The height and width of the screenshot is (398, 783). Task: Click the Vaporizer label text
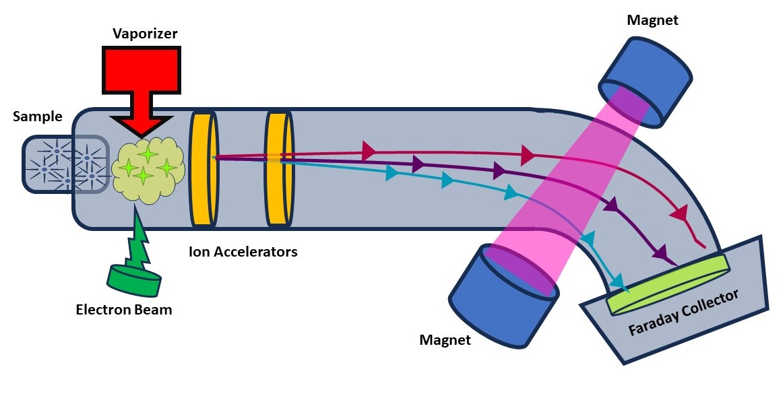pyautogui.click(x=145, y=34)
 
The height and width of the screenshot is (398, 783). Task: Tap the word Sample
pyautogui.click(x=38, y=117)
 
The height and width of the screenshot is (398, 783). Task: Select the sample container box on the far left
pyautogui.click(x=65, y=164)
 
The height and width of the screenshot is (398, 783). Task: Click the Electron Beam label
pyautogui.click(x=124, y=310)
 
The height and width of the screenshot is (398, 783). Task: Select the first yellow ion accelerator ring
pyautogui.click(x=203, y=168)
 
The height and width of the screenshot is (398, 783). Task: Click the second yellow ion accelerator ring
pyautogui.click(x=279, y=168)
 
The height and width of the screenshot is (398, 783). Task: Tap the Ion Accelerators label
pyautogui.click(x=243, y=251)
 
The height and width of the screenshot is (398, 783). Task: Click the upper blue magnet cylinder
pyautogui.click(x=646, y=81)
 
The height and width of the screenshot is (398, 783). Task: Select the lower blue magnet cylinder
pyautogui.click(x=503, y=296)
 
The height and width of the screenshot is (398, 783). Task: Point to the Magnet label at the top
pyautogui.click(x=653, y=20)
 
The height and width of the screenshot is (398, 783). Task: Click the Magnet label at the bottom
pyautogui.click(x=445, y=340)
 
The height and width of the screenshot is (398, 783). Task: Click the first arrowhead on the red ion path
pyautogui.click(x=369, y=150)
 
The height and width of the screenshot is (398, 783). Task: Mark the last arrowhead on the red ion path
pyautogui.click(x=680, y=215)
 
